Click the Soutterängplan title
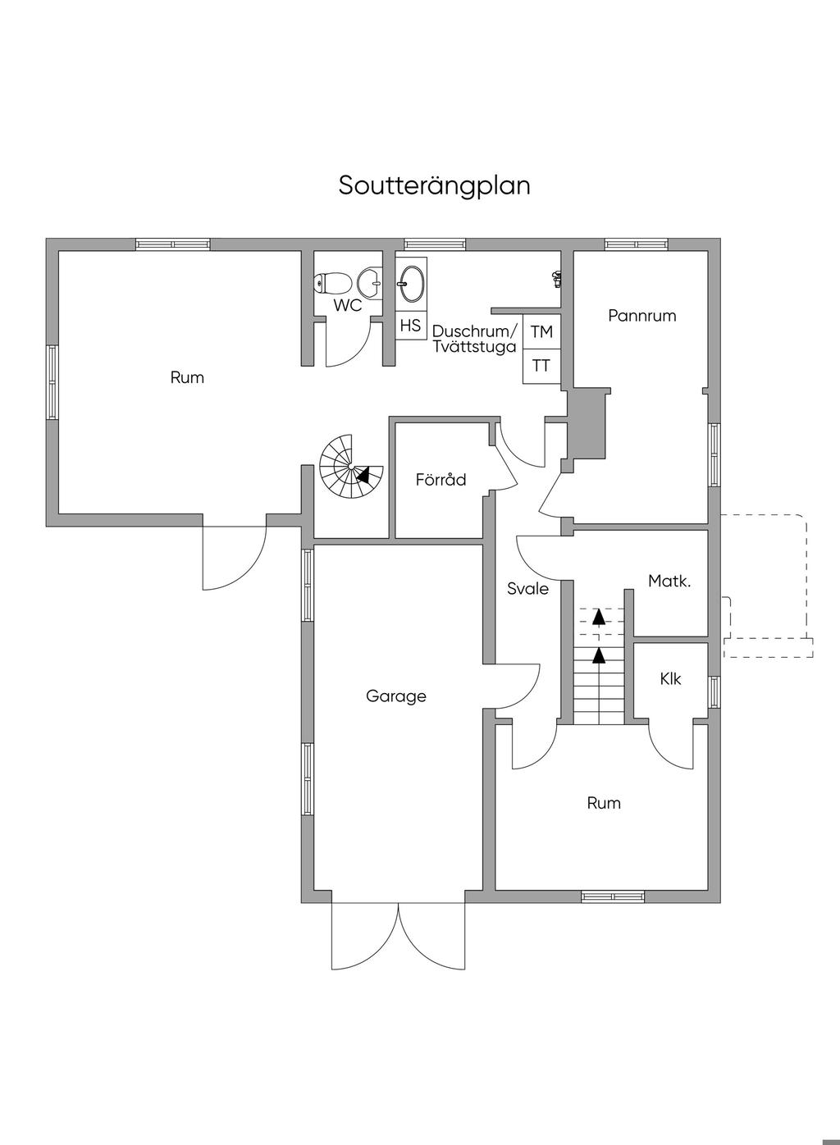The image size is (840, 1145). pyautogui.click(x=434, y=185)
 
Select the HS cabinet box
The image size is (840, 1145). pyautogui.click(x=410, y=326)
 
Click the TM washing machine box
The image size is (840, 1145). pyautogui.click(x=541, y=332)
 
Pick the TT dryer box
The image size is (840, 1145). pyautogui.click(x=541, y=366)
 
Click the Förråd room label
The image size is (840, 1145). pyautogui.click(x=441, y=479)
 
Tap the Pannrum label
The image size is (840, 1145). pyautogui.click(x=642, y=315)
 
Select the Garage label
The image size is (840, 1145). pyautogui.click(x=396, y=696)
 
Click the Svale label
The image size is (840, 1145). pyautogui.click(x=527, y=588)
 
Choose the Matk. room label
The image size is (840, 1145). pyautogui.click(x=669, y=582)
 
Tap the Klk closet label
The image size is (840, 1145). pyautogui.click(x=671, y=679)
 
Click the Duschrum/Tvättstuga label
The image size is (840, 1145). pyautogui.click(x=475, y=339)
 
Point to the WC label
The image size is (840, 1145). pyautogui.click(x=348, y=306)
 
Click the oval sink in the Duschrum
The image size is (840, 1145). pyautogui.click(x=411, y=284)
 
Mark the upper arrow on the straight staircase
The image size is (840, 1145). pyautogui.click(x=599, y=616)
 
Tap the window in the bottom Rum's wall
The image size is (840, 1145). pyautogui.click(x=613, y=896)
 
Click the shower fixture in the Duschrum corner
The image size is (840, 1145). pyautogui.click(x=557, y=278)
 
